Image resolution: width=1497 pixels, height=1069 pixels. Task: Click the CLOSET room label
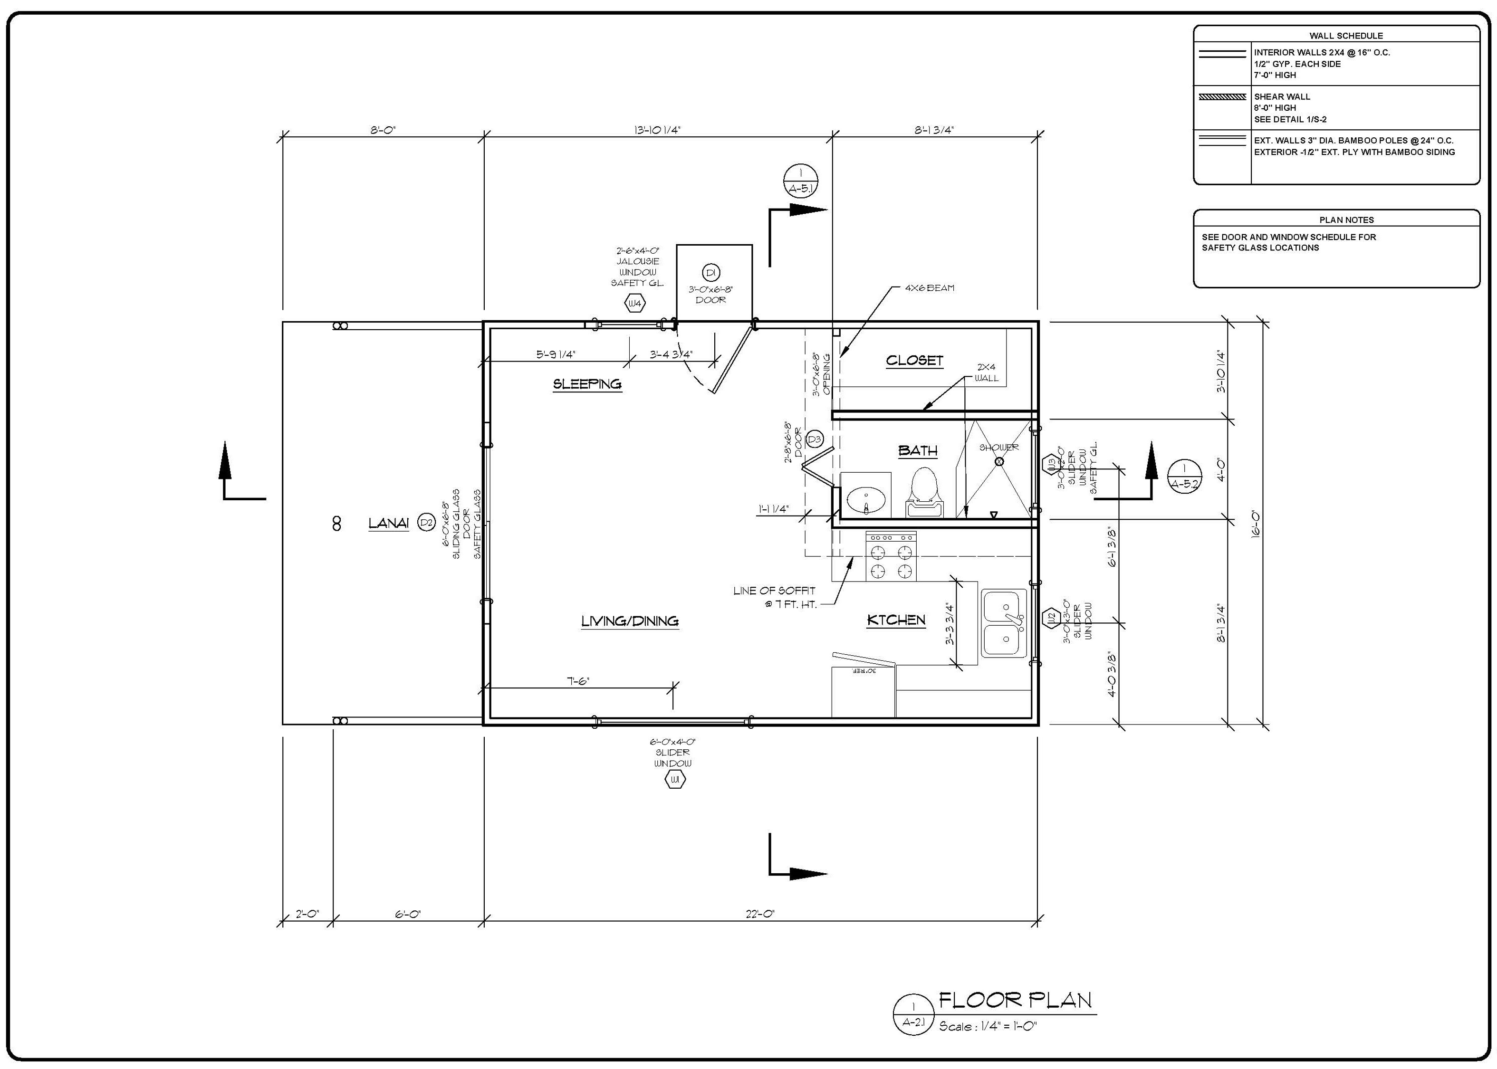[914, 360]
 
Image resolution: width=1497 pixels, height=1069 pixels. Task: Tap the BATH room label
[918, 451]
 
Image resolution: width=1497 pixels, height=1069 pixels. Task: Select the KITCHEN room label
[896, 620]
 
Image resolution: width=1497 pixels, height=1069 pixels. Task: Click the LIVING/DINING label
[630, 620]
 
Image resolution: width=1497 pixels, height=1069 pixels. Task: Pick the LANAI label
[388, 523]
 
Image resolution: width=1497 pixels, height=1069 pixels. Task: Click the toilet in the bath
[924, 492]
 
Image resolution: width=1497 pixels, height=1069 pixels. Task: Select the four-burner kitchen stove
[891, 556]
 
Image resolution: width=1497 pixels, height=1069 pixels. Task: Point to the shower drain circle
[998, 461]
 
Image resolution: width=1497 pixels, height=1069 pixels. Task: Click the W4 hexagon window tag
[634, 304]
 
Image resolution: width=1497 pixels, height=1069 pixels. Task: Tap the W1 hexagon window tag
[675, 780]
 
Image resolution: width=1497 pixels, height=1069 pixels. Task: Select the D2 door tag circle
[427, 523]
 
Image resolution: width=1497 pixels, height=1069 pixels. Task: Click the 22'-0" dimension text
[760, 914]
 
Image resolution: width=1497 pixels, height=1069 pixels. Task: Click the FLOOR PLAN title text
[1015, 1001]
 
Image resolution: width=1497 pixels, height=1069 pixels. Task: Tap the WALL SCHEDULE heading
[1337, 36]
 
